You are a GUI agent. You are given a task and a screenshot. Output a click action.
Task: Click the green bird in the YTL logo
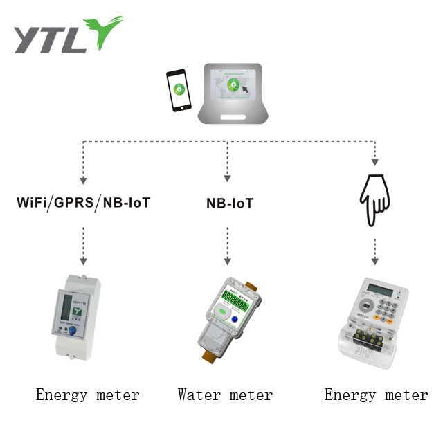(x=106, y=30)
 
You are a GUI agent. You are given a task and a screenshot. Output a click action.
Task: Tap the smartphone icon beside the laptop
(x=179, y=89)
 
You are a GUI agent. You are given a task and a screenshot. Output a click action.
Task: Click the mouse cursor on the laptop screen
(x=245, y=89)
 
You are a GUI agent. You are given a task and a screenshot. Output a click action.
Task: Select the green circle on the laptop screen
(x=233, y=86)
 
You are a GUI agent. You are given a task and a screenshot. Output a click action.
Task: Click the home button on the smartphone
(x=179, y=107)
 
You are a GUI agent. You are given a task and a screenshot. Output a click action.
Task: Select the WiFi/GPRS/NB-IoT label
(x=84, y=204)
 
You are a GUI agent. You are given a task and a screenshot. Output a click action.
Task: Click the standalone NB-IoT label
(x=229, y=204)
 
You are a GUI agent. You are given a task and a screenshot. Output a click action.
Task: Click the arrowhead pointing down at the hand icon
(x=374, y=164)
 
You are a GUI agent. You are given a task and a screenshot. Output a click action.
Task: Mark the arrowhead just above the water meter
(x=227, y=262)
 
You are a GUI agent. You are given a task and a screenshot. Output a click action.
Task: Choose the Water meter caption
(x=225, y=395)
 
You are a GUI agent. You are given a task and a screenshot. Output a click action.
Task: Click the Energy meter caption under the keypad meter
(x=377, y=395)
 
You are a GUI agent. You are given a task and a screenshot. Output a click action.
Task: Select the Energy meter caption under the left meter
(x=88, y=395)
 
